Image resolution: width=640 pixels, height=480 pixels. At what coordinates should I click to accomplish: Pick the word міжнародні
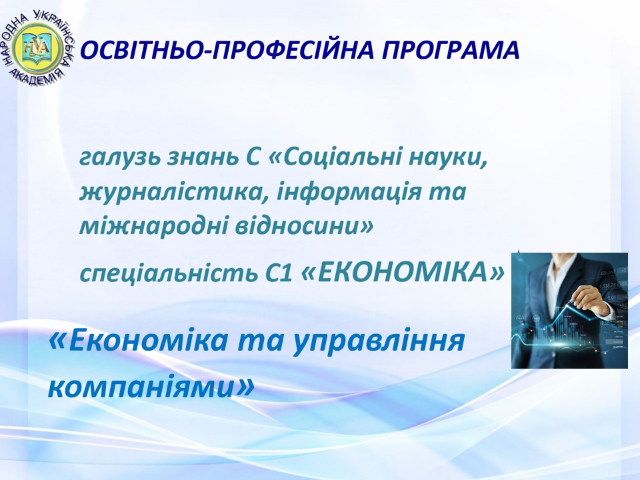pos(153,226)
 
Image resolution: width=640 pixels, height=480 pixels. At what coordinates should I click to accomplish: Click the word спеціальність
pos(166,273)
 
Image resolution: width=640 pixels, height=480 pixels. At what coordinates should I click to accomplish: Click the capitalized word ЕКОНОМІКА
pos(402,272)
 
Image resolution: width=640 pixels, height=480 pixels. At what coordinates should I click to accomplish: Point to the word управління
pos(379,341)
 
